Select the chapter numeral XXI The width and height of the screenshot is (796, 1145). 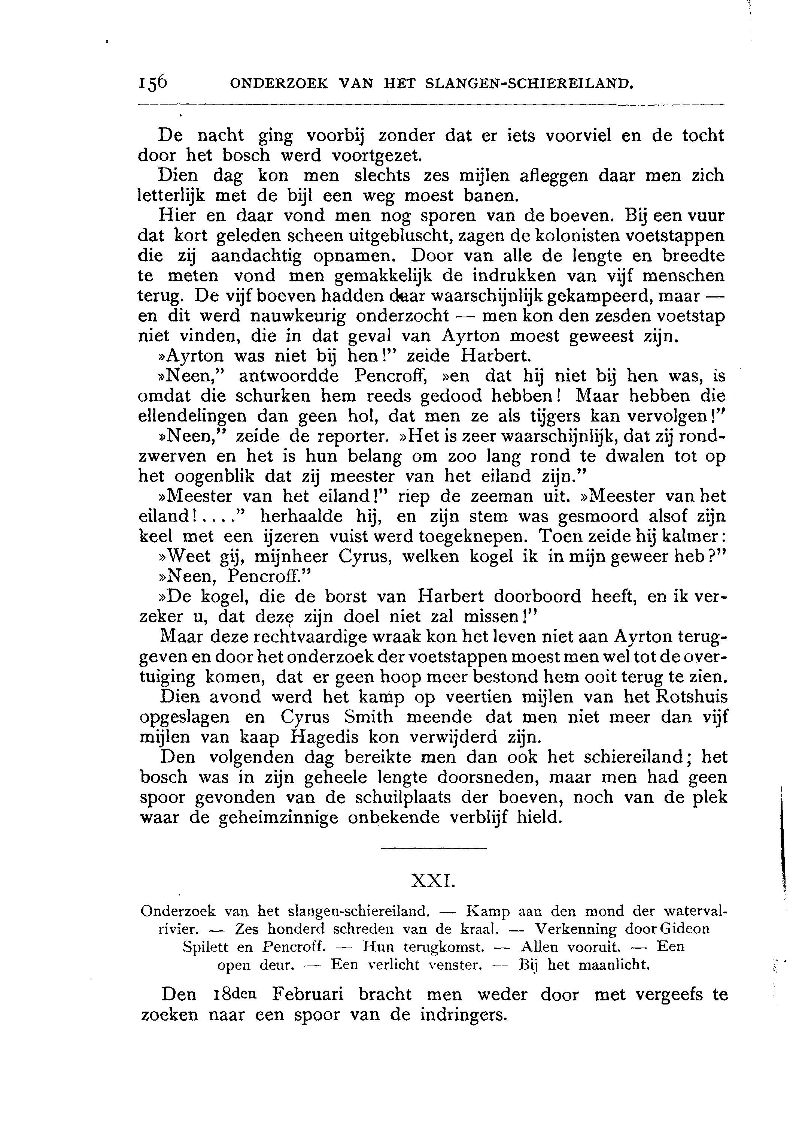(x=433, y=882)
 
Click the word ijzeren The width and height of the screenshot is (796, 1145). (x=291, y=537)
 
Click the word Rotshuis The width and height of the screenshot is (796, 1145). (x=691, y=697)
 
